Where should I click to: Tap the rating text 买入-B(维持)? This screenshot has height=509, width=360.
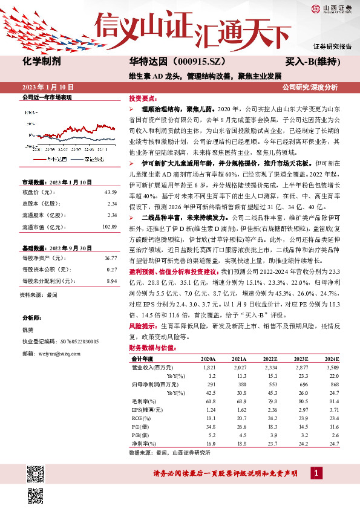click(x=313, y=62)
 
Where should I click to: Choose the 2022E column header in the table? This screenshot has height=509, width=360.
click(x=270, y=358)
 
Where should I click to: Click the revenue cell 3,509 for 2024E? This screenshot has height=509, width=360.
click(x=332, y=367)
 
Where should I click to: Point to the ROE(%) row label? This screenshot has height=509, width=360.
click(x=140, y=418)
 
